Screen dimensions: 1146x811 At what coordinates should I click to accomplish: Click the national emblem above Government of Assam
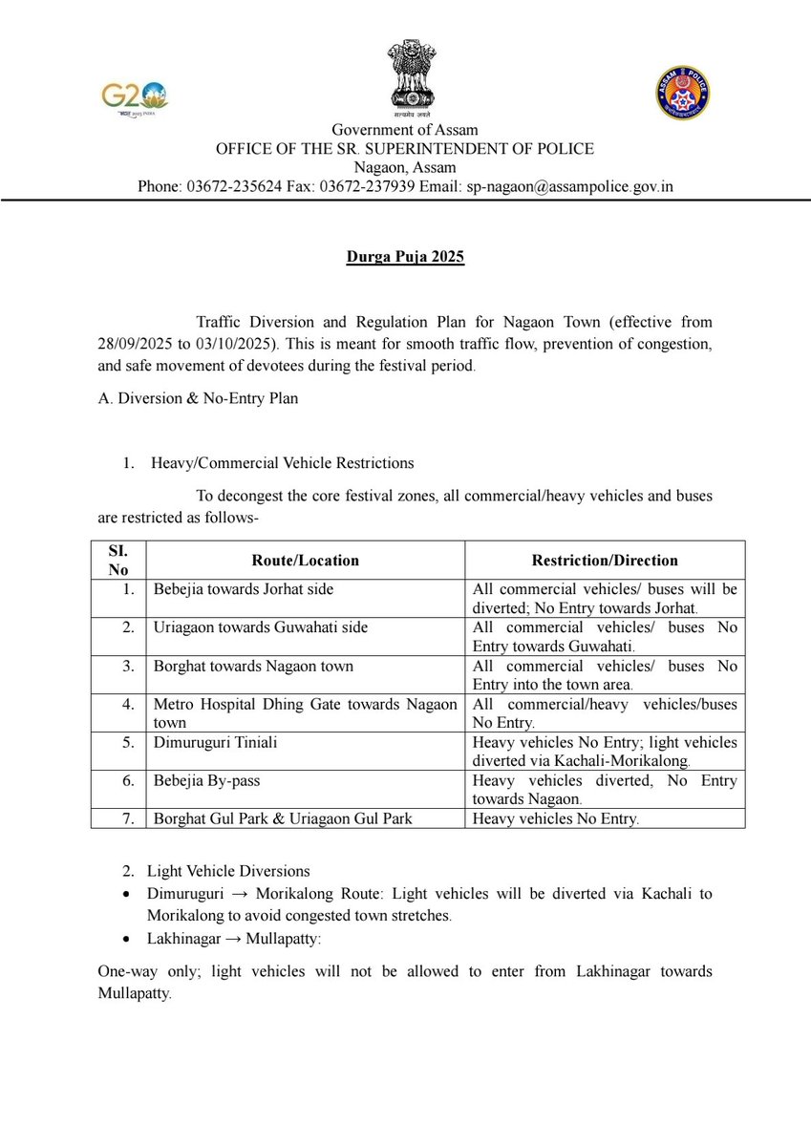pos(405,75)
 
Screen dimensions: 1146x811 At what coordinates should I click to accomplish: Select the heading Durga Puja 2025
pos(405,258)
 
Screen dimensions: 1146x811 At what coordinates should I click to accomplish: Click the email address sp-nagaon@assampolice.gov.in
pos(569,186)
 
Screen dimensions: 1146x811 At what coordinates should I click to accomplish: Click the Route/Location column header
pos(305,561)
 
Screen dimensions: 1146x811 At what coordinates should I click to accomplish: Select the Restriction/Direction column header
pos(604,561)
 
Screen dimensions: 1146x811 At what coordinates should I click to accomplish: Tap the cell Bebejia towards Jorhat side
pos(244,589)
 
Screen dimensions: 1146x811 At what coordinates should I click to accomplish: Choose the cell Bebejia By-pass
pos(206,780)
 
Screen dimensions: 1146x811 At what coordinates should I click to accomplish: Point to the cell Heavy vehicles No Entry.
pos(556,818)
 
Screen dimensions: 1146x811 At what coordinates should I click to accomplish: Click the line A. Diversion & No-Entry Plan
pos(198,398)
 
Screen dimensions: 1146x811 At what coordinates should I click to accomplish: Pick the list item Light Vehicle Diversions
pos(228,872)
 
